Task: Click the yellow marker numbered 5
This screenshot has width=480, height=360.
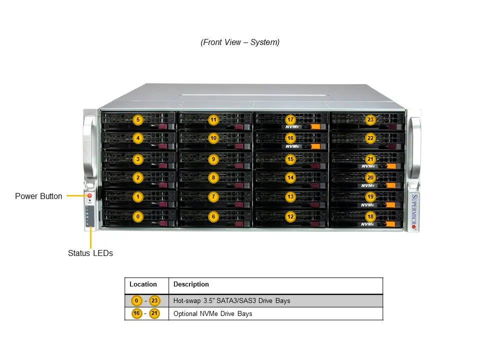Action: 138,120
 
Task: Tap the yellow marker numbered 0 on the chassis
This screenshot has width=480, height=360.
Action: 138,216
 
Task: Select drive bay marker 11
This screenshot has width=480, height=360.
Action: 213,120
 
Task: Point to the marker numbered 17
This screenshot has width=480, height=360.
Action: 290,120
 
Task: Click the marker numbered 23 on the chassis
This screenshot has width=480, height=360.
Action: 370,120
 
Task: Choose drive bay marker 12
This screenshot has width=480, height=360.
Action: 290,216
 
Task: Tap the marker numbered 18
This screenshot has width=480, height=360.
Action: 370,216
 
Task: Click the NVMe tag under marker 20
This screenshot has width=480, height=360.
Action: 368,185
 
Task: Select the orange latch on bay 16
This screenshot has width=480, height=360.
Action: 315,146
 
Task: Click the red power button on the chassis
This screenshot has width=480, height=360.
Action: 89,196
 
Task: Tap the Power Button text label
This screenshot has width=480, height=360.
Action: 38,196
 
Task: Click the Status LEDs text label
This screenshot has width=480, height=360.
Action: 90,253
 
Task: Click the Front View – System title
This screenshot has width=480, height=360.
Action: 240,42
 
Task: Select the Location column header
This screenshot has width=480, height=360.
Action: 143,284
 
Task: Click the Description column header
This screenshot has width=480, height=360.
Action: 191,284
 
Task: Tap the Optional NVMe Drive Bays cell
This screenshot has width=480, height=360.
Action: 212,314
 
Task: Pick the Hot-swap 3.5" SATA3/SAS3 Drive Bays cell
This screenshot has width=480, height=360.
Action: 231,301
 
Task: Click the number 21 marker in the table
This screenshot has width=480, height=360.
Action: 154,314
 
